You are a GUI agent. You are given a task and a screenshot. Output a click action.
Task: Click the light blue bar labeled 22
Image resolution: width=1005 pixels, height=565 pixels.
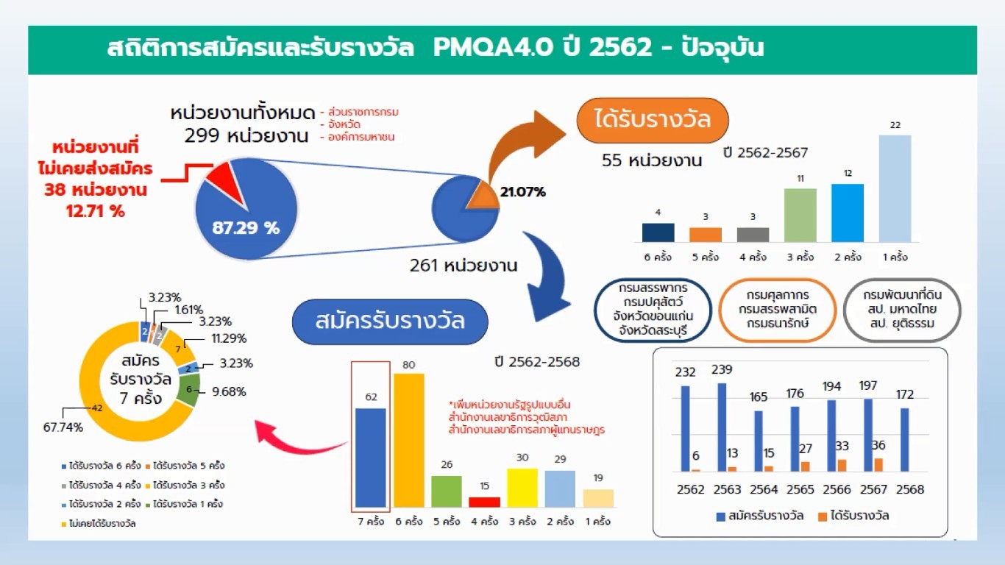[895, 188]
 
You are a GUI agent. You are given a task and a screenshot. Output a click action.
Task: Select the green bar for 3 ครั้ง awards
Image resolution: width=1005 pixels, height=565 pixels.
[800, 216]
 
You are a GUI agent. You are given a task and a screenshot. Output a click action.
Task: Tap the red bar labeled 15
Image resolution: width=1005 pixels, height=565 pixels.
[485, 502]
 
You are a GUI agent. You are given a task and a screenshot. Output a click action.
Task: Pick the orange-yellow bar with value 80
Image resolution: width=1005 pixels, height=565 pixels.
[409, 440]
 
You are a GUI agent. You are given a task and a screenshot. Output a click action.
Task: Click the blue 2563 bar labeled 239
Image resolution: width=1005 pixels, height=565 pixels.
[722, 427]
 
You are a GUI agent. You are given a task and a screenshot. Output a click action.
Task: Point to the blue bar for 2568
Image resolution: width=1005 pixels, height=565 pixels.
[904, 440]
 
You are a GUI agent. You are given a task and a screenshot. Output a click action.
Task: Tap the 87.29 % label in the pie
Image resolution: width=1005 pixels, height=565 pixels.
[246, 228]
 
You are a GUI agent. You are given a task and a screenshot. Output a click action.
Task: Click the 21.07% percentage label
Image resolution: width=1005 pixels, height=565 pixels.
[522, 192]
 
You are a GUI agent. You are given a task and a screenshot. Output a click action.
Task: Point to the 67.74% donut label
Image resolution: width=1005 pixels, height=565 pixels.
[63, 427]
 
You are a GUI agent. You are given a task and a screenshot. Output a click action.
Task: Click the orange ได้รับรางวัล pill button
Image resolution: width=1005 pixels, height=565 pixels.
[653, 120]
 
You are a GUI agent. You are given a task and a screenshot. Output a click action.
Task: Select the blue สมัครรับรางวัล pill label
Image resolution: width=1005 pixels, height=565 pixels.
[390, 321]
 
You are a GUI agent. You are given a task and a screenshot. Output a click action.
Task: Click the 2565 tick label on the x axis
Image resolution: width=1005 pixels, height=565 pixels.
[800, 489]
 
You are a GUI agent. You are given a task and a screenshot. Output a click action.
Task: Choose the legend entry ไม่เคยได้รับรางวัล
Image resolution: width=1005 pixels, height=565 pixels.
[99, 523]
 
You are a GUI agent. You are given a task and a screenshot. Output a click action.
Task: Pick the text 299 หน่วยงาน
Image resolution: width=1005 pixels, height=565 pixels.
[246, 135]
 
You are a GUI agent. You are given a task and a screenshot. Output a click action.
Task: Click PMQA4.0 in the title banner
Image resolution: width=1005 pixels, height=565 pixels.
[493, 47]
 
